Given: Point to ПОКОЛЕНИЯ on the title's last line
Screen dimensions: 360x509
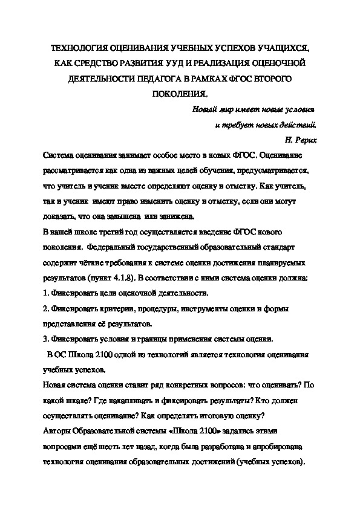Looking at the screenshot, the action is (x=178, y=94).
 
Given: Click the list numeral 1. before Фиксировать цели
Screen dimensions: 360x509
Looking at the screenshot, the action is (x=46, y=293).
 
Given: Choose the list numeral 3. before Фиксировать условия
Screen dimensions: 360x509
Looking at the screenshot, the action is (x=46, y=339).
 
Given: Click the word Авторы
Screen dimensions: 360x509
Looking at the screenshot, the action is (x=57, y=430).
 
